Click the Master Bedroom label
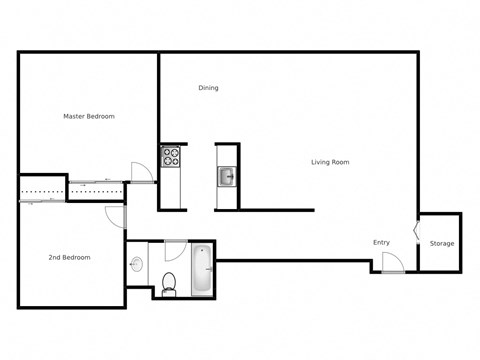pyautogui.click(x=89, y=117)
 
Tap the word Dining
pyautogui.click(x=208, y=88)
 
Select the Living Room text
pyautogui.click(x=330, y=162)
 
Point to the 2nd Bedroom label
pyautogui.click(x=69, y=258)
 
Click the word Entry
pyautogui.click(x=381, y=243)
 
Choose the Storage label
pyautogui.click(x=441, y=244)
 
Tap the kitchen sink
pyautogui.click(x=227, y=177)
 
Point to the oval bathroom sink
pyautogui.click(x=136, y=265)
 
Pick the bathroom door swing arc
pyautogui.click(x=174, y=250)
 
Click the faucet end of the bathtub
pyautogui.click(x=203, y=252)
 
